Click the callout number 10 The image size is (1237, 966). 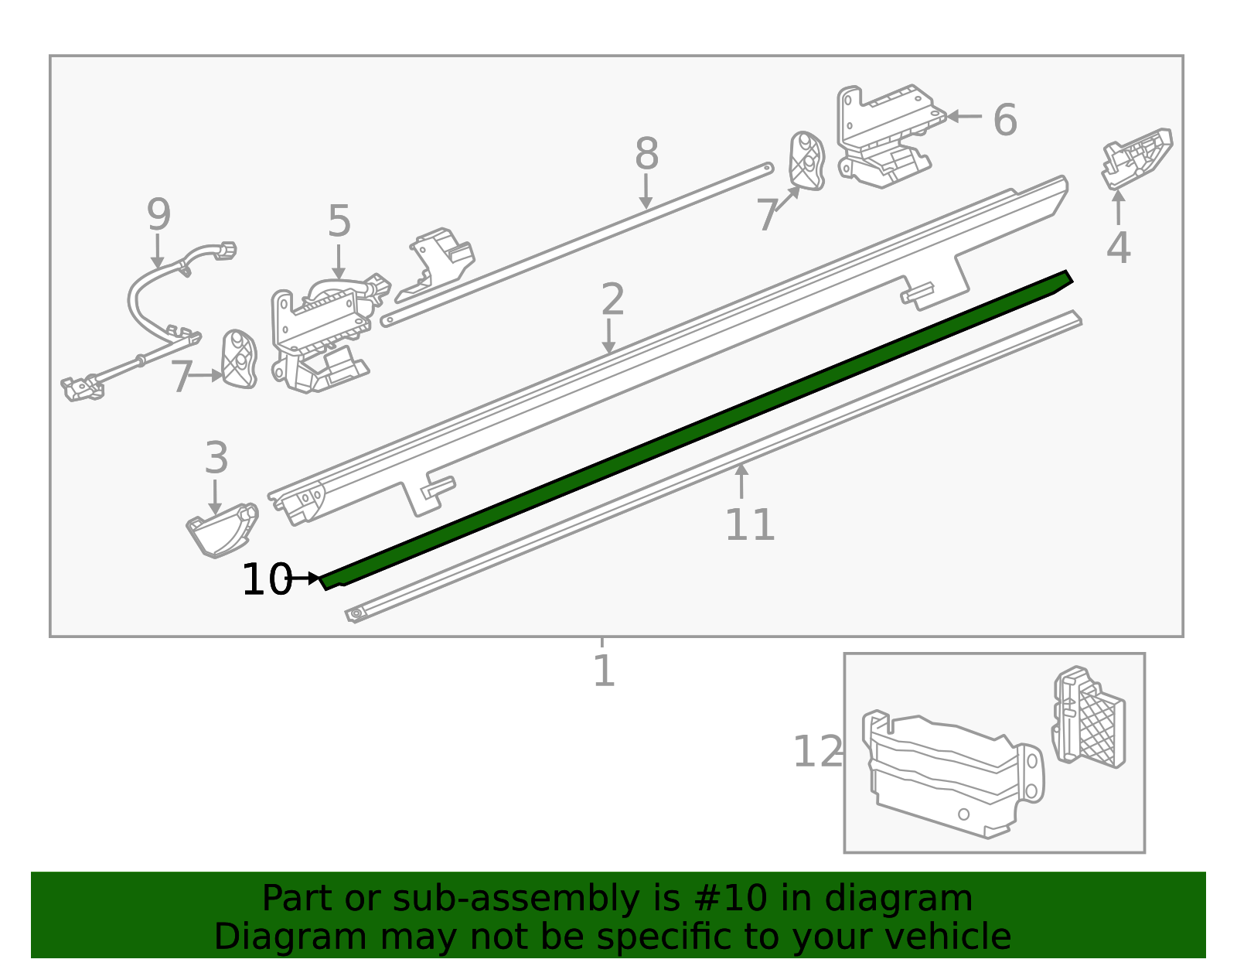pos(266,580)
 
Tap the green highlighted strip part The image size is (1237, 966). pos(696,429)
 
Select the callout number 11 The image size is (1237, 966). pos(749,525)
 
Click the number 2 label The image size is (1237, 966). pos(612,300)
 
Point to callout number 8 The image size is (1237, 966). pos(646,154)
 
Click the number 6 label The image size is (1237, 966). pos(1004,121)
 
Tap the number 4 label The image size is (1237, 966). pos(1118,248)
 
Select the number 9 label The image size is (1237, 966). pos(158,214)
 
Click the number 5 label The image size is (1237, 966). pos(339,222)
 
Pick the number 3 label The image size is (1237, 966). pos(216,458)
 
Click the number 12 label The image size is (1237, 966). pos(817,752)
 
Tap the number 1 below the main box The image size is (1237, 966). pos(603,671)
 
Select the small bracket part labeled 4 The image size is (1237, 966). pos(1136,159)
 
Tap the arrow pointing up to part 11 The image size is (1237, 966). pos(741,480)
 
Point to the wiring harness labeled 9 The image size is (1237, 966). pos(147,309)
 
